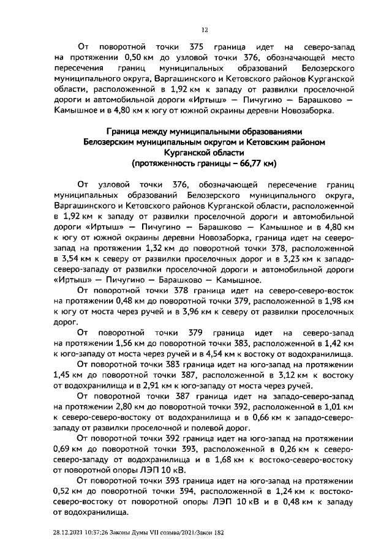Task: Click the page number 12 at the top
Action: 205,29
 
